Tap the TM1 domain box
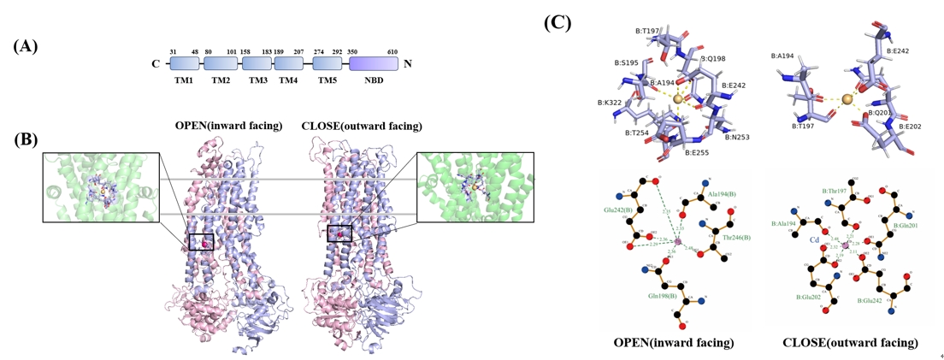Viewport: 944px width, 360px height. pyautogui.click(x=184, y=63)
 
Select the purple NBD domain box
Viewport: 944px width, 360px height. pyautogui.click(x=374, y=63)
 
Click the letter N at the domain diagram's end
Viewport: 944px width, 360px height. pyautogui.click(x=408, y=63)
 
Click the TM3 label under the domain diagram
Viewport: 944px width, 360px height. pyautogui.click(x=258, y=80)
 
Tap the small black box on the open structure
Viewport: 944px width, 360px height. pyautogui.click(x=202, y=242)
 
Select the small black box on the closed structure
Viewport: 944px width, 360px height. pyautogui.click(x=339, y=233)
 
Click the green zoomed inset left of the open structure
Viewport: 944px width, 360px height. pyautogui.click(x=101, y=187)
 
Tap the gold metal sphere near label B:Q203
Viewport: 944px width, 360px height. pyautogui.click(x=847, y=101)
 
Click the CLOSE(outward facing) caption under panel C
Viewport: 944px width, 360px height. pyautogui.click(x=850, y=343)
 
